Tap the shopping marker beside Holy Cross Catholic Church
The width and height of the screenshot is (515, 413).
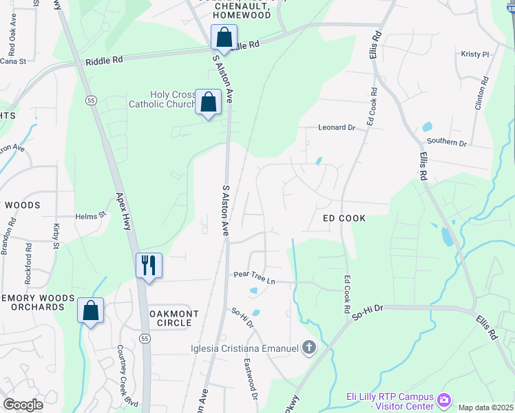pos(208,102)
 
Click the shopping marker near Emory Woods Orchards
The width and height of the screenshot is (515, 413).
pos(90,310)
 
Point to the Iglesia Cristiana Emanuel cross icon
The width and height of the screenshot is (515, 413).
pos(308,348)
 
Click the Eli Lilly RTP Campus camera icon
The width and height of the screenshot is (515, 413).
pos(443,399)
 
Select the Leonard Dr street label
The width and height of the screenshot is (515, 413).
pos(336,127)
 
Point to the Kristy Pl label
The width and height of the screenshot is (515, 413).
pos(474,54)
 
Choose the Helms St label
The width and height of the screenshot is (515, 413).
pos(92,215)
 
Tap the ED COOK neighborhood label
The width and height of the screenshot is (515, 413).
pos(344,218)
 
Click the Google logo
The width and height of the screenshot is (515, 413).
pos(22,405)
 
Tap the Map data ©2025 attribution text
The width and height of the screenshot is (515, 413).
pos(486,407)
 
